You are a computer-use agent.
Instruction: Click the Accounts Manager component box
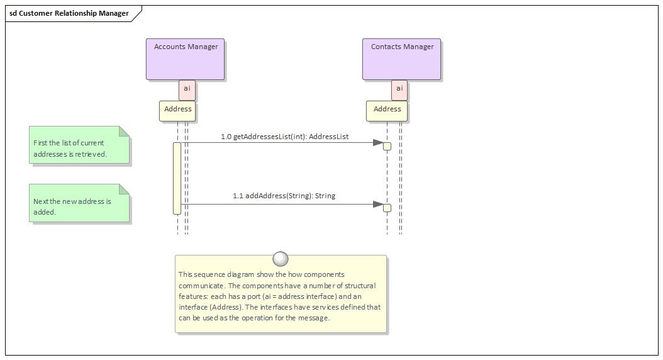click(186, 59)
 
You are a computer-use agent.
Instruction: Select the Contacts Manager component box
click(402, 59)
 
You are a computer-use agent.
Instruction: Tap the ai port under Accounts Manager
click(187, 89)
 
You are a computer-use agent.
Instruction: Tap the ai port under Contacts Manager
click(399, 89)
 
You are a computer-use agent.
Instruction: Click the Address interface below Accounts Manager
click(177, 110)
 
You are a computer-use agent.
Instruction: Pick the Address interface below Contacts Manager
click(387, 110)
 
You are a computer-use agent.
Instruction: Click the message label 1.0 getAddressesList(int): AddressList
click(284, 136)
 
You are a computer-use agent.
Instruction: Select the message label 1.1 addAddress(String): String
click(284, 196)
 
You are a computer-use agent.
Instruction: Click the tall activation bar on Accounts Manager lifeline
click(177, 178)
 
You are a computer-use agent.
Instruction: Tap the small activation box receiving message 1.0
click(387, 147)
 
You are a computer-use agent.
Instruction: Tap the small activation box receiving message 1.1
click(387, 208)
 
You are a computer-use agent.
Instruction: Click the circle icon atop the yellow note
click(281, 259)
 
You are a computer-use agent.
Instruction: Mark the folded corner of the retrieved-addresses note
click(125, 131)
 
